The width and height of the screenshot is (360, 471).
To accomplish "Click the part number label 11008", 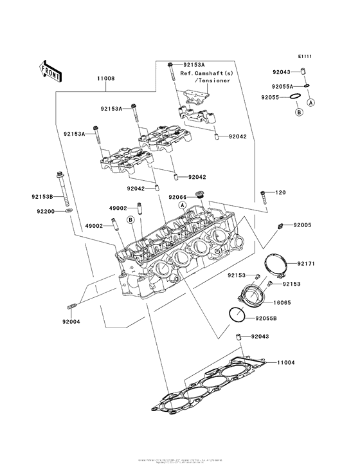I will click(x=106, y=78).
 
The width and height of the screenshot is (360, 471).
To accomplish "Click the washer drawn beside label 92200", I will click(x=68, y=210).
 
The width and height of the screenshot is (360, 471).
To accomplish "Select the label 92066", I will click(x=177, y=196).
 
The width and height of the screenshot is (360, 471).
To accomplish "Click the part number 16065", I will click(x=283, y=300).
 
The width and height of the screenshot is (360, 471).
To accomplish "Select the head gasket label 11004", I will click(x=286, y=363).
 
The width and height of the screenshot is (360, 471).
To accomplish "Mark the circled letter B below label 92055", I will click(x=298, y=112).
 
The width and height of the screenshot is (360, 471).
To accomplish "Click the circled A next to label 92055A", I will click(x=312, y=102).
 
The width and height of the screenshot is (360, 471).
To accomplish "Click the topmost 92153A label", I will click(x=194, y=65).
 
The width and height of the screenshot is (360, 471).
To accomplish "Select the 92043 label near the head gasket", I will click(x=260, y=337).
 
